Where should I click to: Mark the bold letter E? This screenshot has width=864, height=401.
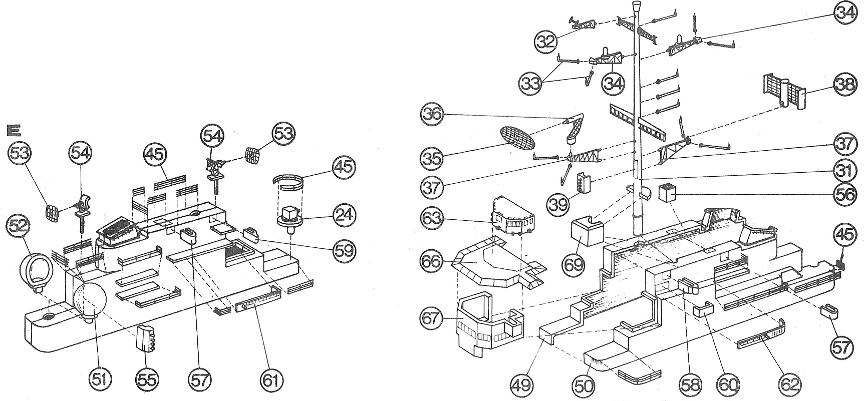[x=13, y=131]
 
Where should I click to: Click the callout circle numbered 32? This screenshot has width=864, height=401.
[x=546, y=41]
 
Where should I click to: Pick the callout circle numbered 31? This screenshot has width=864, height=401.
[x=845, y=172]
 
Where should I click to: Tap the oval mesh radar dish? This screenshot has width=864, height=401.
[x=518, y=137]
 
